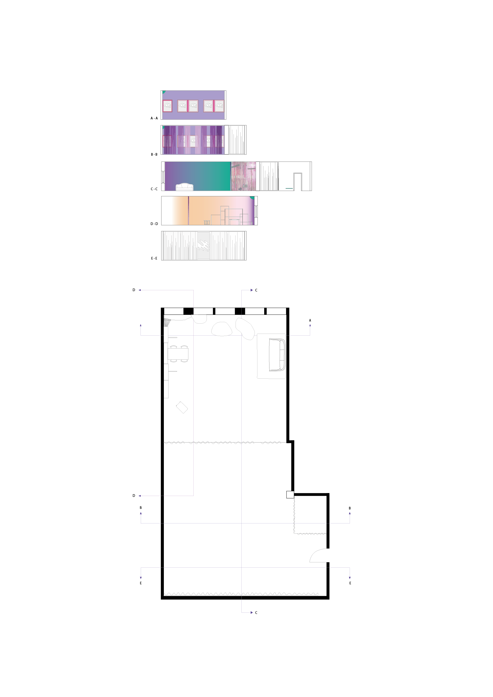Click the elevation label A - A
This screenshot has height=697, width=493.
click(154, 119)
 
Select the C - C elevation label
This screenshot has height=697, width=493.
click(154, 189)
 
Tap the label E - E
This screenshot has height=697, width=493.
click(154, 258)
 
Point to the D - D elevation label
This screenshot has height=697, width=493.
click(154, 224)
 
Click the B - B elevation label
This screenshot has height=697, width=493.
click(154, 154)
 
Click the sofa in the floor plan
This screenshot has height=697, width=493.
click(277, 355)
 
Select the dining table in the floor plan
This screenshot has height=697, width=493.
click(178, 354)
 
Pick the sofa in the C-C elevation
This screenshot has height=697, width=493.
click(185, 187)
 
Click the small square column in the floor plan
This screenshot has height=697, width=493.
click(290, 495)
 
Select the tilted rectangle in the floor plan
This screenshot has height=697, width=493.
click(182, 407)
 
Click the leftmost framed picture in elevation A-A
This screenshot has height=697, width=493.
click(167, 106)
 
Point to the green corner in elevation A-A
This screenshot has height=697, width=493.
click(164, 92)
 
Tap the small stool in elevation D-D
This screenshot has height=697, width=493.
click(207, 222)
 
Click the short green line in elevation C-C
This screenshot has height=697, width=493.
click(289, 188)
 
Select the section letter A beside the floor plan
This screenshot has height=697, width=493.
click(310, 320)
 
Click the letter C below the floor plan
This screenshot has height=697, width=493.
click(256, 613)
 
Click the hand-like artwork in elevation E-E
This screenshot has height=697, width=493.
click(203, 245)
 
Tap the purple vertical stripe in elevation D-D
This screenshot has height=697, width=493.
click(188, 210)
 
